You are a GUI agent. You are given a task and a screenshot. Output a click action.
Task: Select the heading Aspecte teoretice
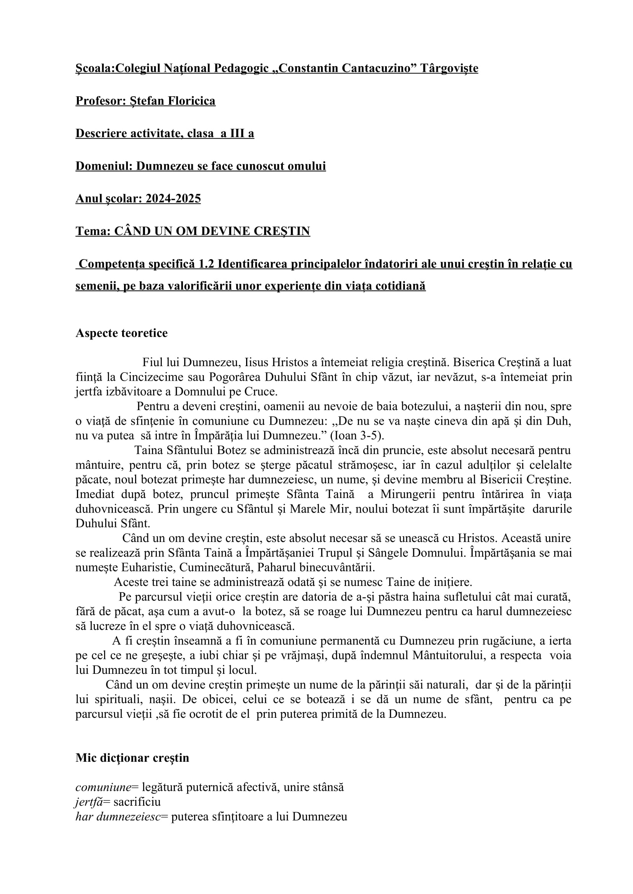(x=122, y=333)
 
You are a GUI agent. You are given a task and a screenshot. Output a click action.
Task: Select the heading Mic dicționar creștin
(x=132, y=758)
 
